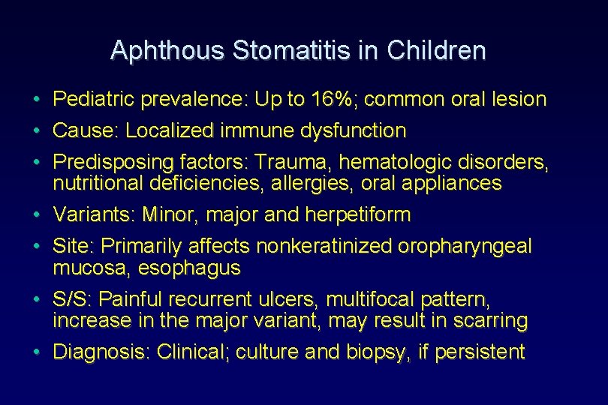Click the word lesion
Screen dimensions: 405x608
tap(521, 99)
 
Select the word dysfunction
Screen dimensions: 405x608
tap(353, 130)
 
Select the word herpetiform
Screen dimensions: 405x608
tap(358, 215)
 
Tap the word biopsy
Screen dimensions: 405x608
tap(366, 352)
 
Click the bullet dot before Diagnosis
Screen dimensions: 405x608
tap(37, 352)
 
